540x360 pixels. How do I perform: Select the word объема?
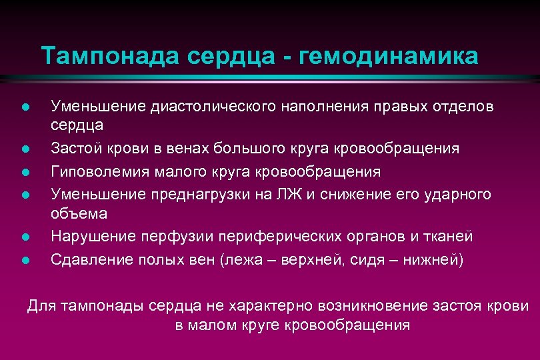point(79,213)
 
